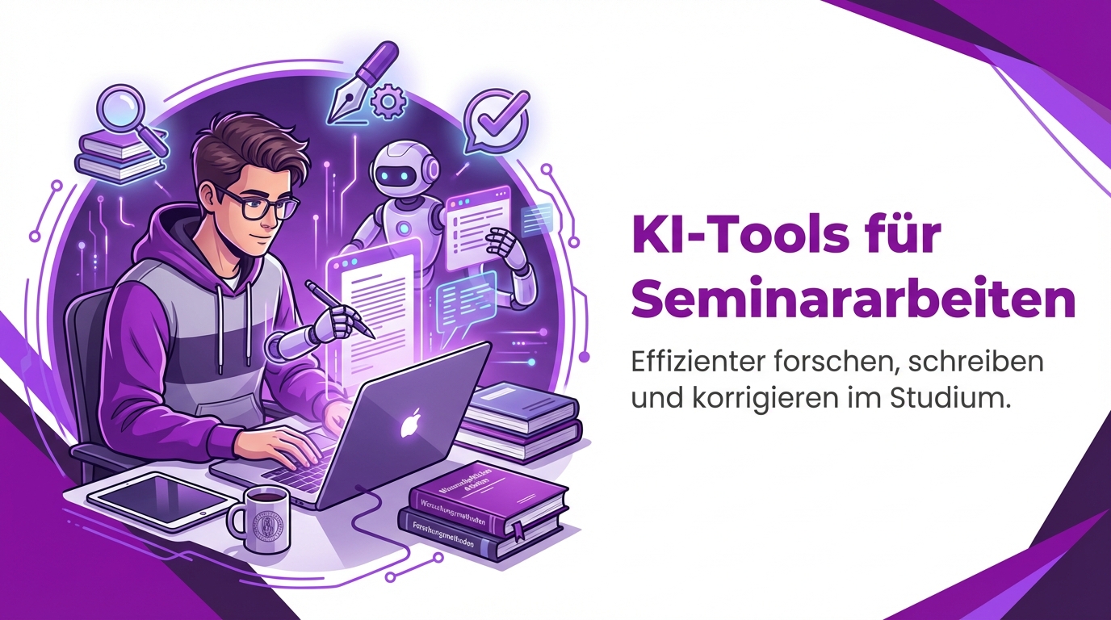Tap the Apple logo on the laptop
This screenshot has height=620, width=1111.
tap(413, 423)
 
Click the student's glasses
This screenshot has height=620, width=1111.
tap(257, 200)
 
